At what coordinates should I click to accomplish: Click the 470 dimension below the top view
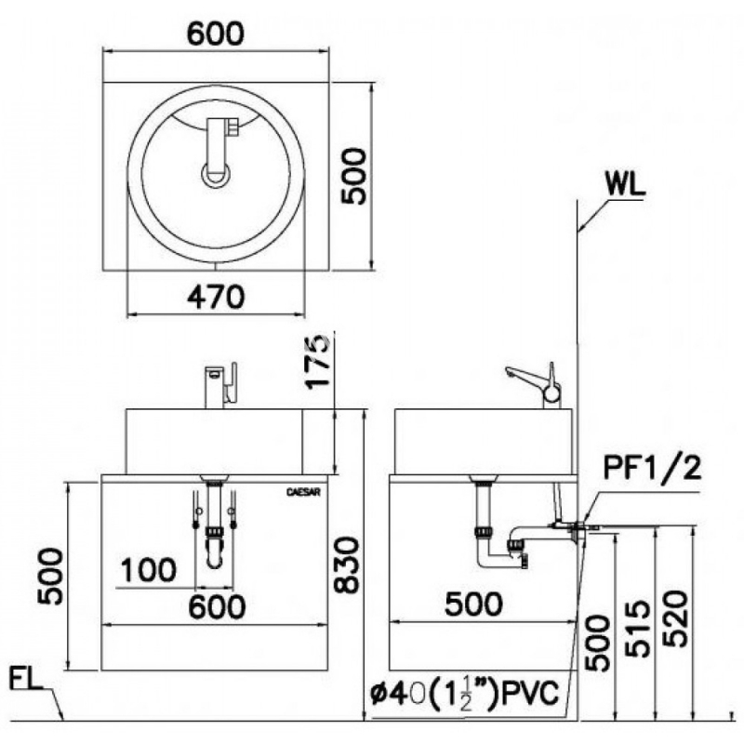215,297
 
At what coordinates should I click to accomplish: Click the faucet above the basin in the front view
221,384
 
